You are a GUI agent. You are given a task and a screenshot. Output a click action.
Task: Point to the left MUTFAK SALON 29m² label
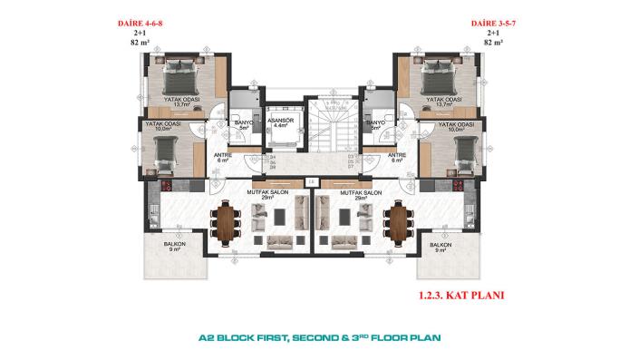(266, 195)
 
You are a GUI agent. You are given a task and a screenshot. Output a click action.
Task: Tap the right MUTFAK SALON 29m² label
(360, 195)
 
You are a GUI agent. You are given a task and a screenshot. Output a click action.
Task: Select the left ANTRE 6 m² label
(220, 157)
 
